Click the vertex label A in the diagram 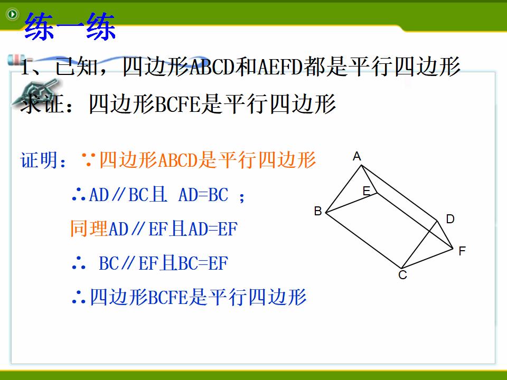(356, 156)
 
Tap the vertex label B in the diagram (318, 211)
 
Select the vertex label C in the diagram (402, 275)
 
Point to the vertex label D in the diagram (450, 219)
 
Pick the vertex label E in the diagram (367, 191)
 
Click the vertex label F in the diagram (462, 251)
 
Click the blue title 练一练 (70, 26)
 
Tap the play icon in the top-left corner (13, 14)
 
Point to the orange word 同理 (89, 228)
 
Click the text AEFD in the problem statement (280, 67)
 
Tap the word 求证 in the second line (41, 103)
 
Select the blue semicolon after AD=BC (241, 196)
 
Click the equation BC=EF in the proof (203, 263)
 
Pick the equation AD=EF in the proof (213, 229)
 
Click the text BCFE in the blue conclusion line (168, 297)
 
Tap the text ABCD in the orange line (177, 160)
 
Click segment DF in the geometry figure (445, 235)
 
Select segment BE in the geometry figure (352, 203)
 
